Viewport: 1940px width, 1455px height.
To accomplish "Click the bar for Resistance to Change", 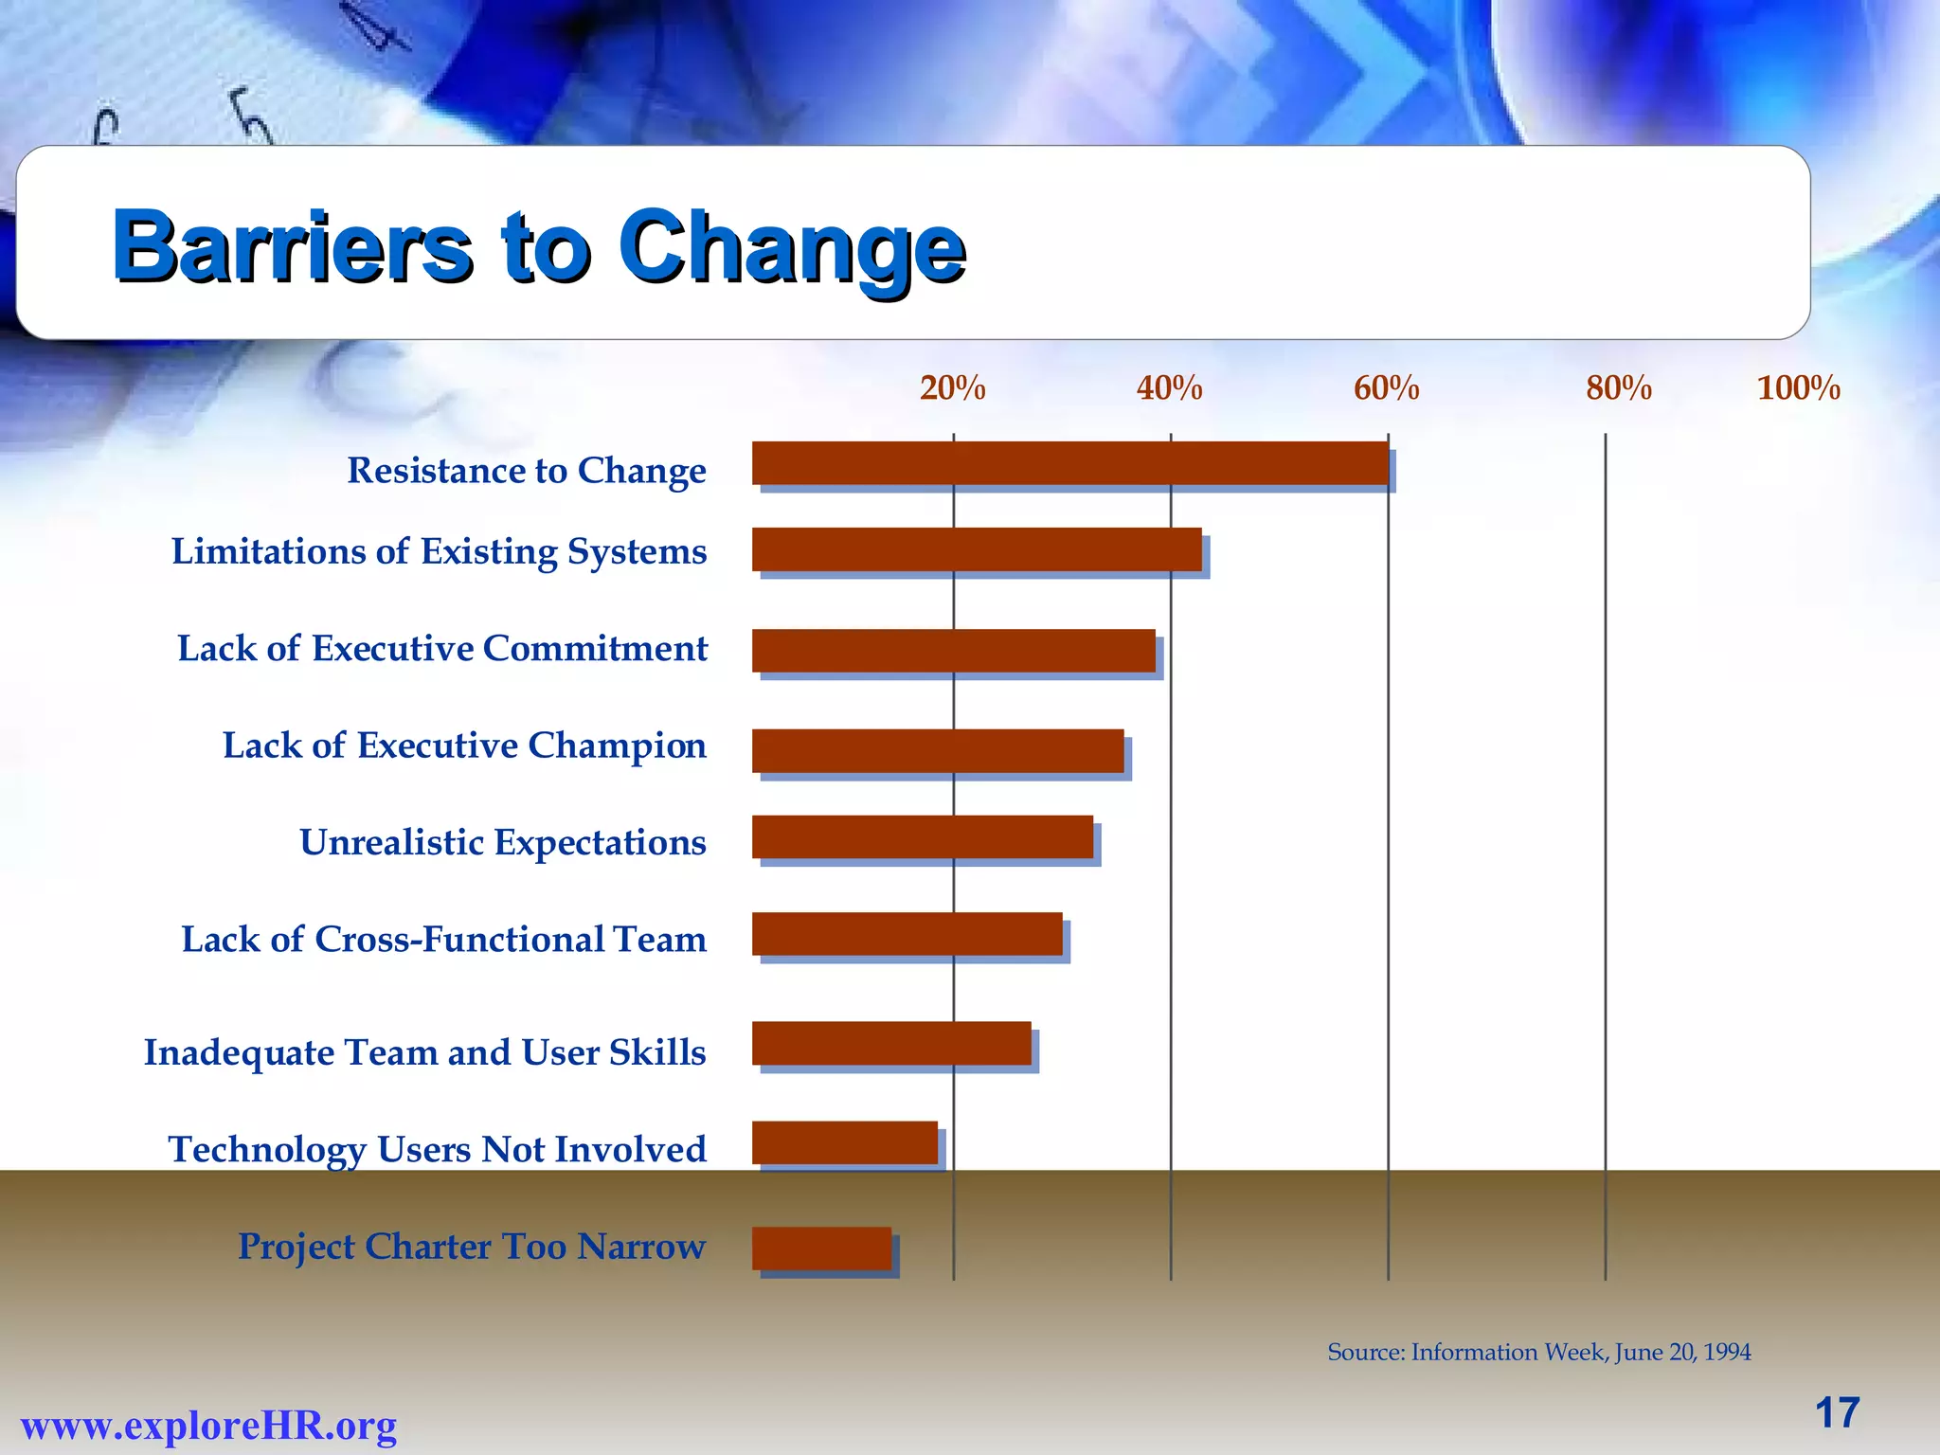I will tap(1070, 463).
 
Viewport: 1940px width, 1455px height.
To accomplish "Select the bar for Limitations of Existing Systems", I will tap(977, 549).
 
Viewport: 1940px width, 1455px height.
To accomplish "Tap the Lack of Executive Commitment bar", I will tap(954, 651).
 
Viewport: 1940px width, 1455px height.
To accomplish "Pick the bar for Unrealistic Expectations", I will tap(923, 837).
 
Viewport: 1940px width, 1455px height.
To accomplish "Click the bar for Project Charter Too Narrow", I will tap(822, 1248).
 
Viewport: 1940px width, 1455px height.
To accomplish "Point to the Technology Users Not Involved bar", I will tap(845, 1142).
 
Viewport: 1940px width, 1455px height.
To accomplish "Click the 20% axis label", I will tap(952, 388).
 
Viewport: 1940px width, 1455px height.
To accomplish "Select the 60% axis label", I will tap(1386, 388).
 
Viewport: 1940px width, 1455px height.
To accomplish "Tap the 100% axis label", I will tap(1798, 388).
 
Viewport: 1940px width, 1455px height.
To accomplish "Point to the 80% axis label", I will tap(1619, 388).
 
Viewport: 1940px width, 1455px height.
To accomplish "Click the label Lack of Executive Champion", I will tap(464, 745).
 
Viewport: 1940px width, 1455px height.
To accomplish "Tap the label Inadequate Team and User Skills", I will tap(424, 1052).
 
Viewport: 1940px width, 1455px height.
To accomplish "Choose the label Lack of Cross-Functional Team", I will tap(443, 939).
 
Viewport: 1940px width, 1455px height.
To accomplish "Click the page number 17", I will tap(1837, 1412).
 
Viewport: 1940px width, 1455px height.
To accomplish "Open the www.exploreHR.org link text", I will tap(208, 1425).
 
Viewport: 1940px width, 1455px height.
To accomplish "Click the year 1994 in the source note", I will tap(1726, 1352).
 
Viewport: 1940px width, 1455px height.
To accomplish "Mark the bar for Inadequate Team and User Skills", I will tap(891, 1043).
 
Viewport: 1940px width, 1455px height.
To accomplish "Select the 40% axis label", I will tap(1169, 388).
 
